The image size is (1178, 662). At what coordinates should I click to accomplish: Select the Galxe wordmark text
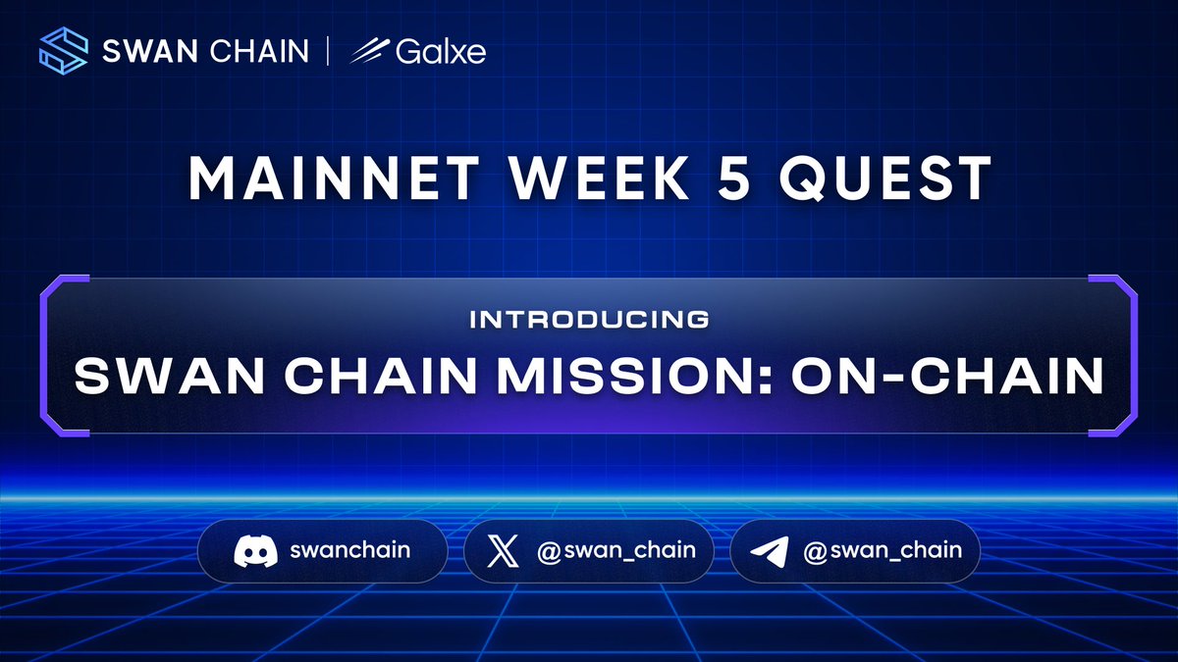click(441, 51)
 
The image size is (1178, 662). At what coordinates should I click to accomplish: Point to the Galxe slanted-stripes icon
click(370, 51)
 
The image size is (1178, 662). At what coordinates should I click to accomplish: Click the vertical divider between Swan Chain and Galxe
click(329, 51)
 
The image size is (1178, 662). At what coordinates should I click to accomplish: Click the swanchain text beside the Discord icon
click(349, 550)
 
